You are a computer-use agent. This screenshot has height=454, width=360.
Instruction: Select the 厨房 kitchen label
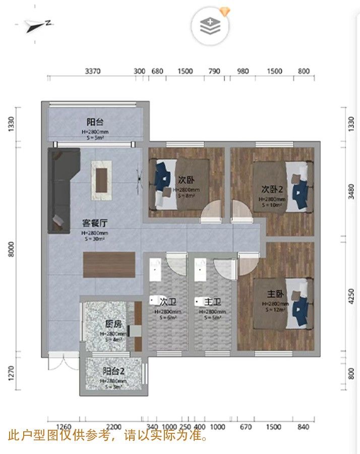click(112, 324)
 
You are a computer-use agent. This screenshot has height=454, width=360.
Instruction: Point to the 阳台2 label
click(114, 371)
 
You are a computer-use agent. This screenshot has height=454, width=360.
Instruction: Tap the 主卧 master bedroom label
click(276, 294)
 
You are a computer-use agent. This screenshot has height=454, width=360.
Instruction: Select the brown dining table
click(109, 264)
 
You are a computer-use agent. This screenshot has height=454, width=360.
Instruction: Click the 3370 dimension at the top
click(94, 71)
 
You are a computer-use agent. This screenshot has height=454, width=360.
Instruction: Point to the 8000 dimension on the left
click(14, 250)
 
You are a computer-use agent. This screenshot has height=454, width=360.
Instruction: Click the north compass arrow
click(39, 24)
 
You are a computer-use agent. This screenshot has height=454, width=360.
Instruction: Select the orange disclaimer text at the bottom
click(109, 435)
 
